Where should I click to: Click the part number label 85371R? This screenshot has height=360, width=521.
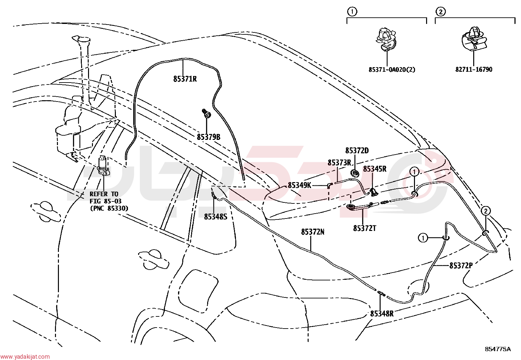point(185,79)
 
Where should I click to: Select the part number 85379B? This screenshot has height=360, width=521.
point(209,137)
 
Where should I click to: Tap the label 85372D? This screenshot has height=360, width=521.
point(357,151)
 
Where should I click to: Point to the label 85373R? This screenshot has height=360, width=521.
point(339,163)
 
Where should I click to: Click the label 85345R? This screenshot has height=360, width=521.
point(375,169)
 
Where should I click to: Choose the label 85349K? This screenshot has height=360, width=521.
point(299,185)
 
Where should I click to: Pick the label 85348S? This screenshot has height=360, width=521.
point(216,217)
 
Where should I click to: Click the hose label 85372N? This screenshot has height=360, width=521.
point(313,232)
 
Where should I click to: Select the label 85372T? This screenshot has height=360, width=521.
point(365,228)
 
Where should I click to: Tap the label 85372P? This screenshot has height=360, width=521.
point(461,266)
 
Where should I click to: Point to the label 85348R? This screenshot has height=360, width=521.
point(382,314)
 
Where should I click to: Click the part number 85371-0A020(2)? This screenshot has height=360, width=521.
point(392,70)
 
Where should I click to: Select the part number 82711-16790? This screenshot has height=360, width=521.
point(474,70)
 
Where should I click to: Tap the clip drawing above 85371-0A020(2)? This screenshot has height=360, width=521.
point(386,40)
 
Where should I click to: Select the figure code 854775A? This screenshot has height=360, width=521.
point(498,349)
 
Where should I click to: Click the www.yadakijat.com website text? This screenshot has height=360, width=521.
point(25,357)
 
